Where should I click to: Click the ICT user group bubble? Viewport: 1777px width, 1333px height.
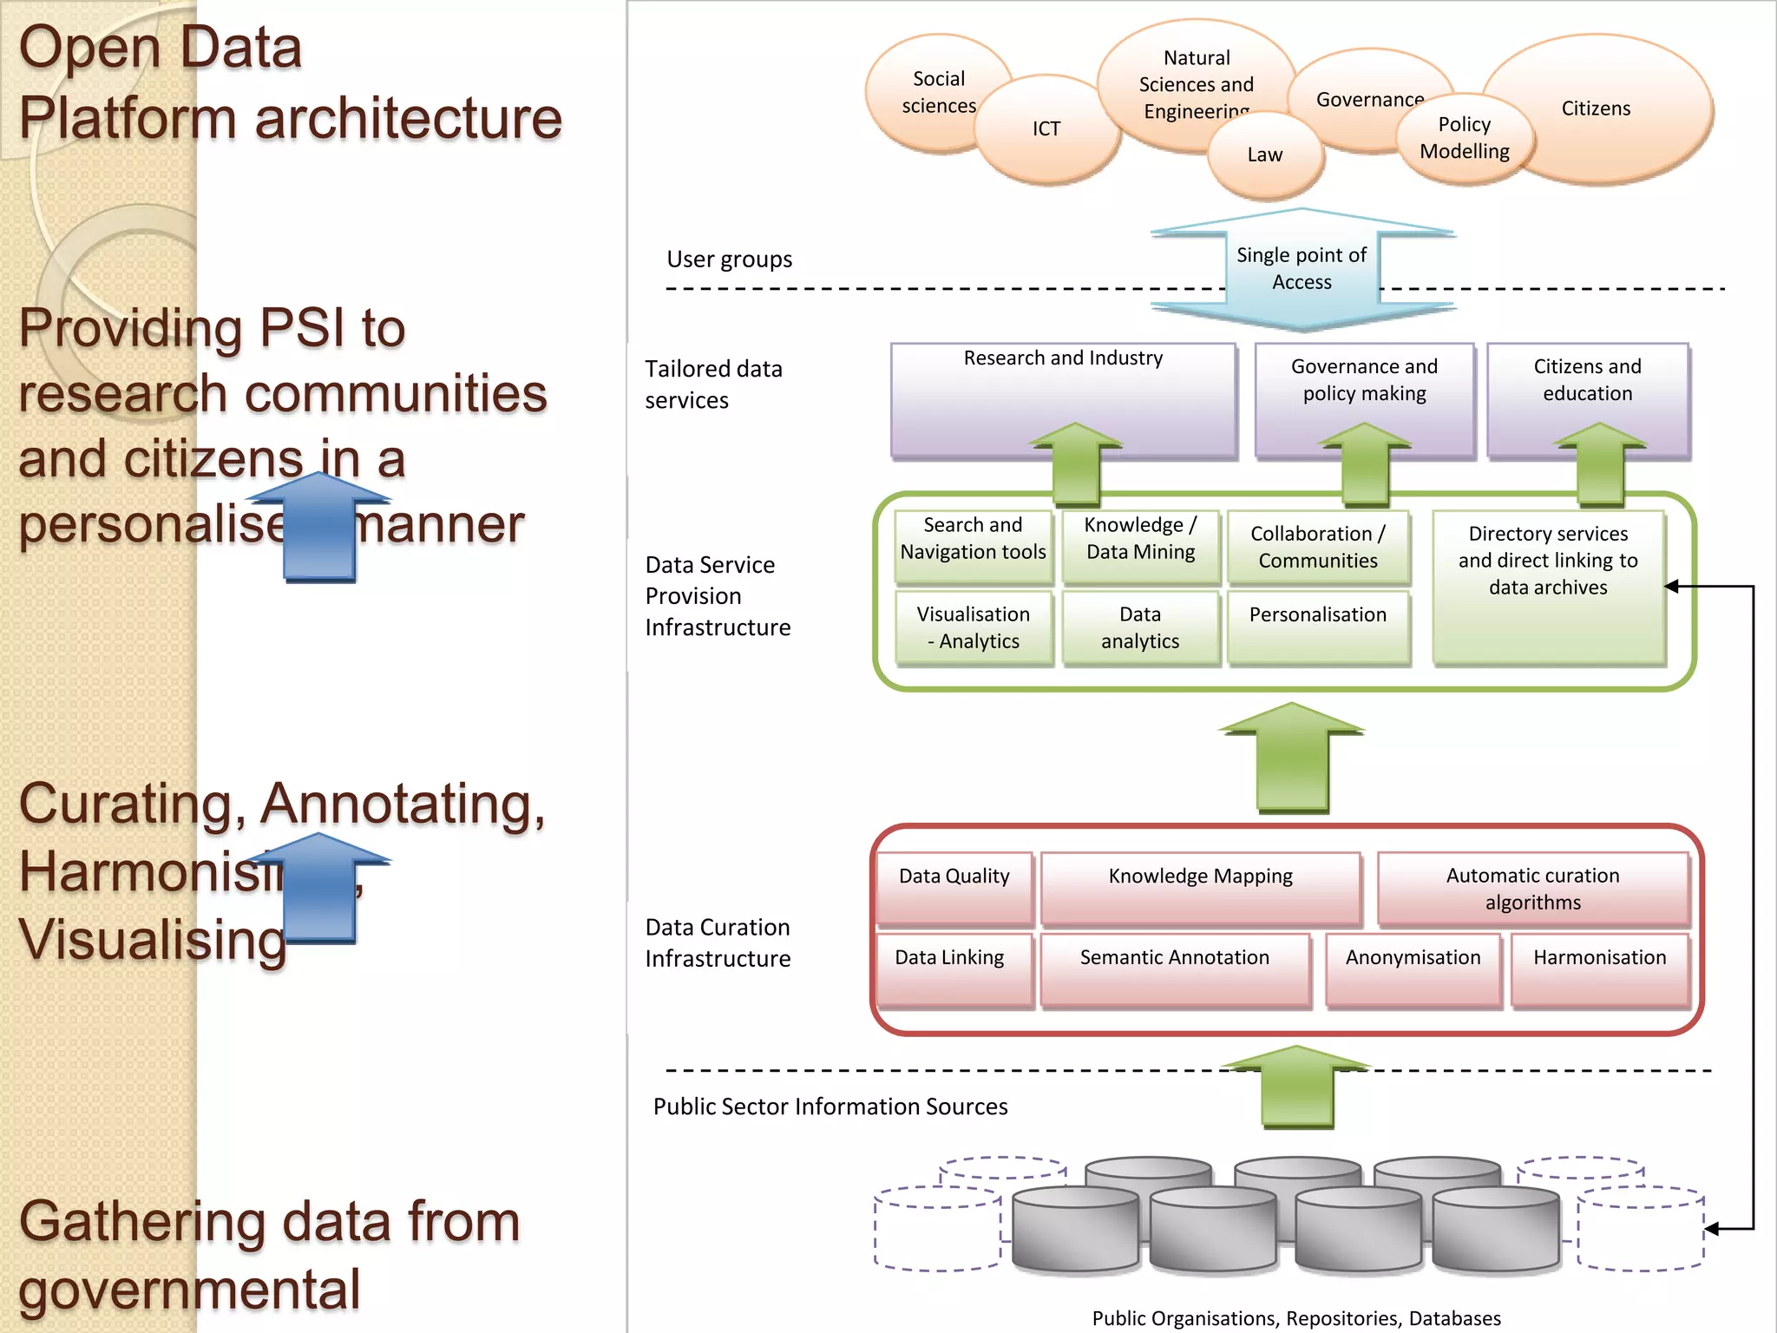[1046, 129]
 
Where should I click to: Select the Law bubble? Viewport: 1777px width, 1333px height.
[1265, 155]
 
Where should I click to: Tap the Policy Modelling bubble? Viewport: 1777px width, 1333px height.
[1465, 138]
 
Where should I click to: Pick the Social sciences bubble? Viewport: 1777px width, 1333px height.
[928, 92]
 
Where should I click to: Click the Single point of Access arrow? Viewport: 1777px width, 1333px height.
[1302, 269]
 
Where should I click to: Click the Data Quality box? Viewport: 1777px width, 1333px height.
[954, 886]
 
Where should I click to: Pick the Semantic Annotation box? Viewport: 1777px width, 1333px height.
[1175, 969]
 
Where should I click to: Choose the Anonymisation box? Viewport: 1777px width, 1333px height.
[1413, 969]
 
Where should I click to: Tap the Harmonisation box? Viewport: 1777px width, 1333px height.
[1600, 969]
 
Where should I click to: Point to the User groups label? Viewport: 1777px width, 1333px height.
[729, 259]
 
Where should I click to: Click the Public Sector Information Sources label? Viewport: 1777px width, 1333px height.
[830, 1106]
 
